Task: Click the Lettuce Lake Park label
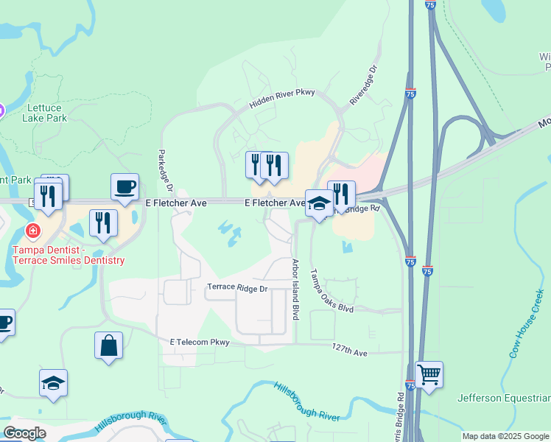pyautogui.click(x=44, y=112)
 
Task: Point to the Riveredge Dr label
pyautogui.click(x=363, y=85)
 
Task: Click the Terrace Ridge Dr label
pyautogui.click(x=236, y=287)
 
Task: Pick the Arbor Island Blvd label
pyautogui.click(x=295, y=289)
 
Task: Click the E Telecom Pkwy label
pyautogui.click(x=200, y=342)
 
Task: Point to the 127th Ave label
pyautogui.click(x=349, y=352)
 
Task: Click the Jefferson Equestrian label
pyautogui.click(x=504, y=399)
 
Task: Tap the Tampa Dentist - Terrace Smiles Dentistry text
pyautogui.click(x=69, y=255)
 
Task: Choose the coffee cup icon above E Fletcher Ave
pyautogui.click(x=125, y=186)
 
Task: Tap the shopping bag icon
pyautogui.click(x=108, y=345)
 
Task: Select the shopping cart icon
pyautogui.click(x=429, y=375)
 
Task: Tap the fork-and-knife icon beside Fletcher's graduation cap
pyautogui.click(x=341, y=194)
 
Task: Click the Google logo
pyautogui.click(x=24, y=433)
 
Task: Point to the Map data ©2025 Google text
pyautogui.click(x=505, y=436)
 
